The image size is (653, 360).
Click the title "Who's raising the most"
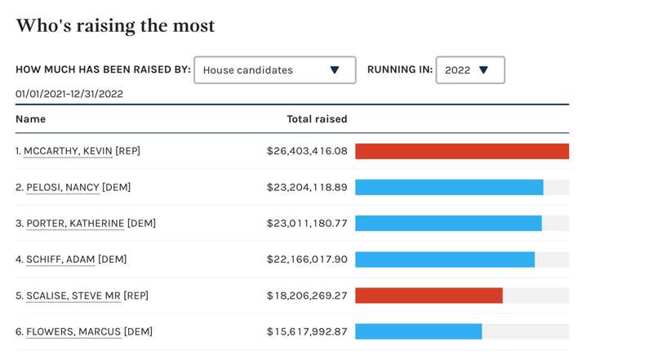pos(115,26)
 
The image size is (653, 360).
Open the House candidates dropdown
pos(274,70)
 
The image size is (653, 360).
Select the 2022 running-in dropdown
pos(470,70)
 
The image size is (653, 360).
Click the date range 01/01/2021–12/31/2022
pos(69,94)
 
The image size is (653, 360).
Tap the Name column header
pos(30,119)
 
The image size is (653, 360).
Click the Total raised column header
pos(317,119)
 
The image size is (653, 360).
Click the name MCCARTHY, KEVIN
pos(68,151)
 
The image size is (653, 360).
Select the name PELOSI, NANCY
pos(63,187)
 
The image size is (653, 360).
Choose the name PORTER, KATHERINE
pos(75,223)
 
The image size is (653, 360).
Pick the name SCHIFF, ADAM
pos(60,259)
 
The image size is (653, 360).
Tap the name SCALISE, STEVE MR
pos(73,295)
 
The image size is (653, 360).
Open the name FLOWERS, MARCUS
pos(73,331)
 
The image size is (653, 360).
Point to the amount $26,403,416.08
pos(307,151)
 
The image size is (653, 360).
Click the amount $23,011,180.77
pos(307,223)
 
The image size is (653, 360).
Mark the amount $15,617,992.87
pos(307,331)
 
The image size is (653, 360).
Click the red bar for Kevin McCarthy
pos(462,151)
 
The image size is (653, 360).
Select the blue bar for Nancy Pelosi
pos(449,187)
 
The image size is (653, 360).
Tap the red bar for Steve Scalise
pos(429,295)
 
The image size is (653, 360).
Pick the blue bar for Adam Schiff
pos(445,259)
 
